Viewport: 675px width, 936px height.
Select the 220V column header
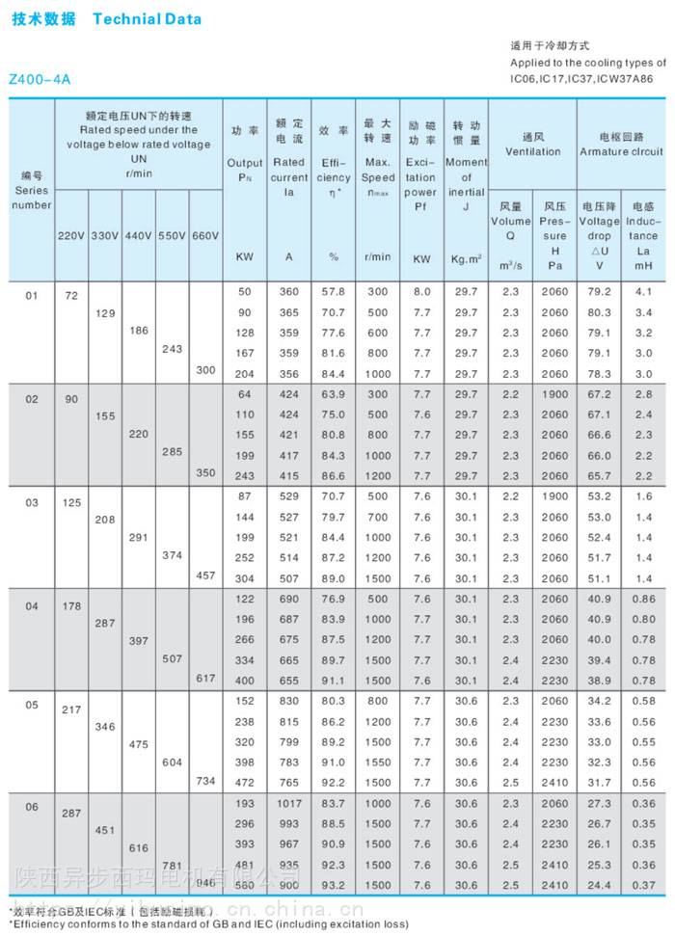click(71, 236)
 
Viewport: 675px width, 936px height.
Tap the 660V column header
click(205, 236)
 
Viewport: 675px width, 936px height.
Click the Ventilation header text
click(533, 151)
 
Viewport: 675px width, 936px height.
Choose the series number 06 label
click(32, 807)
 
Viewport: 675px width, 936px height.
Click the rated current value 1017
click(288, 803)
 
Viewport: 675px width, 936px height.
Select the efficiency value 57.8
click(334, 291)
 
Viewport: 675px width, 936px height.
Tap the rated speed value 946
click(205, 882)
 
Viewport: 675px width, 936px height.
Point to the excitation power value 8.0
click(422, 291)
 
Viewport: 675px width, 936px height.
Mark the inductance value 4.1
click(644, 291)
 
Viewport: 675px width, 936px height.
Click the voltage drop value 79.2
click(600, 291)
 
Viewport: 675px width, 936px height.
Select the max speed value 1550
click(378, 762)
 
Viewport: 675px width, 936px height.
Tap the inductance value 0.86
click(644, 599)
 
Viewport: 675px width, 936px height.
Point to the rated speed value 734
click(205, 781)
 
